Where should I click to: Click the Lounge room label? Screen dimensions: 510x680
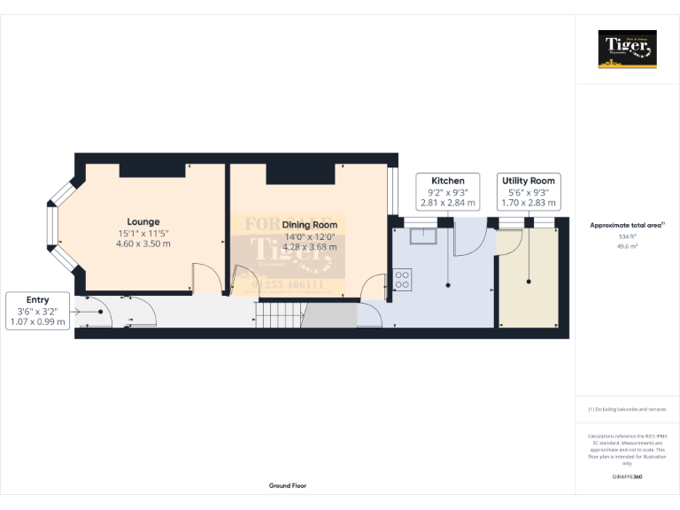click(143, 221)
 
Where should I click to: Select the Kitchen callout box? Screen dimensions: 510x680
click(447, 191)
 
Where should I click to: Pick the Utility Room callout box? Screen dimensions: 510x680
click(528, 191)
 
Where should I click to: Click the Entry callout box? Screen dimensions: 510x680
click(37, 311)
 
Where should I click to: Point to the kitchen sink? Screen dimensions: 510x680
click(421, 235)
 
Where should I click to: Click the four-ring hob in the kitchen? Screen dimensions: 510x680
click(402, 280)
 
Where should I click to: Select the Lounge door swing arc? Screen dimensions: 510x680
click(203, 277)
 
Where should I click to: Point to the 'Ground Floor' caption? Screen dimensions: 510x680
click(288, 486)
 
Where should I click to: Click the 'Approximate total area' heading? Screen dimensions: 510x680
click(627, 226)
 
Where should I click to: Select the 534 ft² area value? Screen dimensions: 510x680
click(627, 236)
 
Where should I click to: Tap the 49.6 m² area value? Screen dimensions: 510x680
click(627, 247)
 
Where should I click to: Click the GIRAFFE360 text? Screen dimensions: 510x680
click(627, 477)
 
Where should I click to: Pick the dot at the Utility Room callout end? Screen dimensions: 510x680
click(529, 282)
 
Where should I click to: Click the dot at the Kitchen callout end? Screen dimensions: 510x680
click(448, 284)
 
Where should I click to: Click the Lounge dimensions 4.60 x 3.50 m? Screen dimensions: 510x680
click(143, 243)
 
